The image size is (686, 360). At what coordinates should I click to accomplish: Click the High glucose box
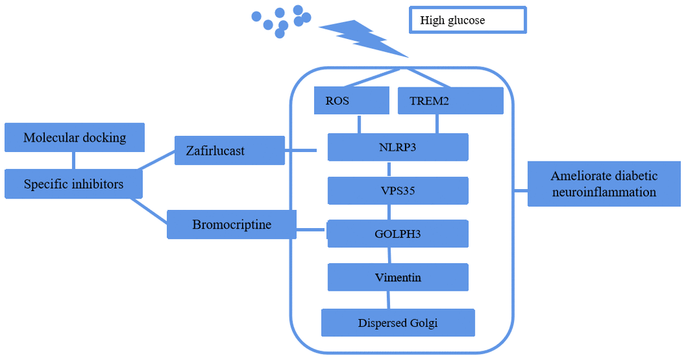pyautogui.click(x=467, y=20)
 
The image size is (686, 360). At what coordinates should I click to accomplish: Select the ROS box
pyautogui.click(x=352, y=101)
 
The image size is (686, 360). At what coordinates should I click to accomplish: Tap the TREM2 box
pyautogui.click(x=451, y=101)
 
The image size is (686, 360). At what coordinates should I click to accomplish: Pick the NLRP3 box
pyautogui.click(x=397, y=147)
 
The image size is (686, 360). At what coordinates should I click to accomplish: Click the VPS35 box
pyautogui.click(x=397, y=190)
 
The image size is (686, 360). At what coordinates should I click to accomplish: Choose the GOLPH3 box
pyautogui.click(x=397, y=233)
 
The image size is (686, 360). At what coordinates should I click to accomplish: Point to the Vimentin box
pyautogui.click(x=397, y=277)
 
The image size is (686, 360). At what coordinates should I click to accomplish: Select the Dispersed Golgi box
pyautogui.click(x=397, y=322)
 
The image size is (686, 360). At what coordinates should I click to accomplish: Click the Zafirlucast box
pyautogui.click(x=229, y=150)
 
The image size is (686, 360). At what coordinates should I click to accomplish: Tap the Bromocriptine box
pyautogui.click(x=231, y=224)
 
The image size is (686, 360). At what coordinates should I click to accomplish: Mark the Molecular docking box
pyautogui.click(x=74, y=137)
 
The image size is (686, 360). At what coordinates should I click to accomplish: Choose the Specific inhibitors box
pyautogui.click(x=73, y=184)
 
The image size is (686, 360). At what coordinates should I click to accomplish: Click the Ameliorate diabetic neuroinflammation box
pyautogui.click(x=603, y=184)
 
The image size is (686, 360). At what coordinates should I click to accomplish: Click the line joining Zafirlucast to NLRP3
pyautogui.click(x=301, y=150)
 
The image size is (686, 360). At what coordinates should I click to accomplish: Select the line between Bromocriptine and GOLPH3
pyautogui.click(x=311, y=229)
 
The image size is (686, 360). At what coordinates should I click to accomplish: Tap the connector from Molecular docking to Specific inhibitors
pyautogui.click(x=74, y=160)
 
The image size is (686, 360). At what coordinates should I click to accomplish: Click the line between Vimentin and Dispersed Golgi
pyautogui.click(x=389, y=299)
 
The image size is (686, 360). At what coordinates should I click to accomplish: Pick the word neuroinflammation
pyautogui.click(x=603, y=192)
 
